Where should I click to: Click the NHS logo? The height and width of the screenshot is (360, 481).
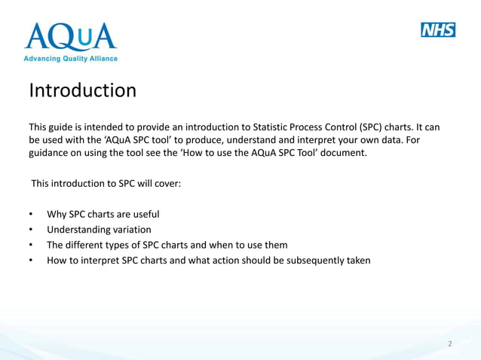click(x=437, y=30)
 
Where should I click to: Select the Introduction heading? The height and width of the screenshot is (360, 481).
click(x=82, y=91)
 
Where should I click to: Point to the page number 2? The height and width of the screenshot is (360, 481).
click(x=450, y=344)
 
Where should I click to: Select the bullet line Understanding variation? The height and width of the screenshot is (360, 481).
click(x=99, y=230)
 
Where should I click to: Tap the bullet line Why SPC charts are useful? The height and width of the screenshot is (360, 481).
click(x=103, y=214)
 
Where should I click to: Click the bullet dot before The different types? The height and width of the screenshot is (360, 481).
click(x=31, y=246)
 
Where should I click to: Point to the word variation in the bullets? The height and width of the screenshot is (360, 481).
click(x=129, y=230)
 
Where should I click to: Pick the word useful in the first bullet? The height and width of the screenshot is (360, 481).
click(x=143, y=214)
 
